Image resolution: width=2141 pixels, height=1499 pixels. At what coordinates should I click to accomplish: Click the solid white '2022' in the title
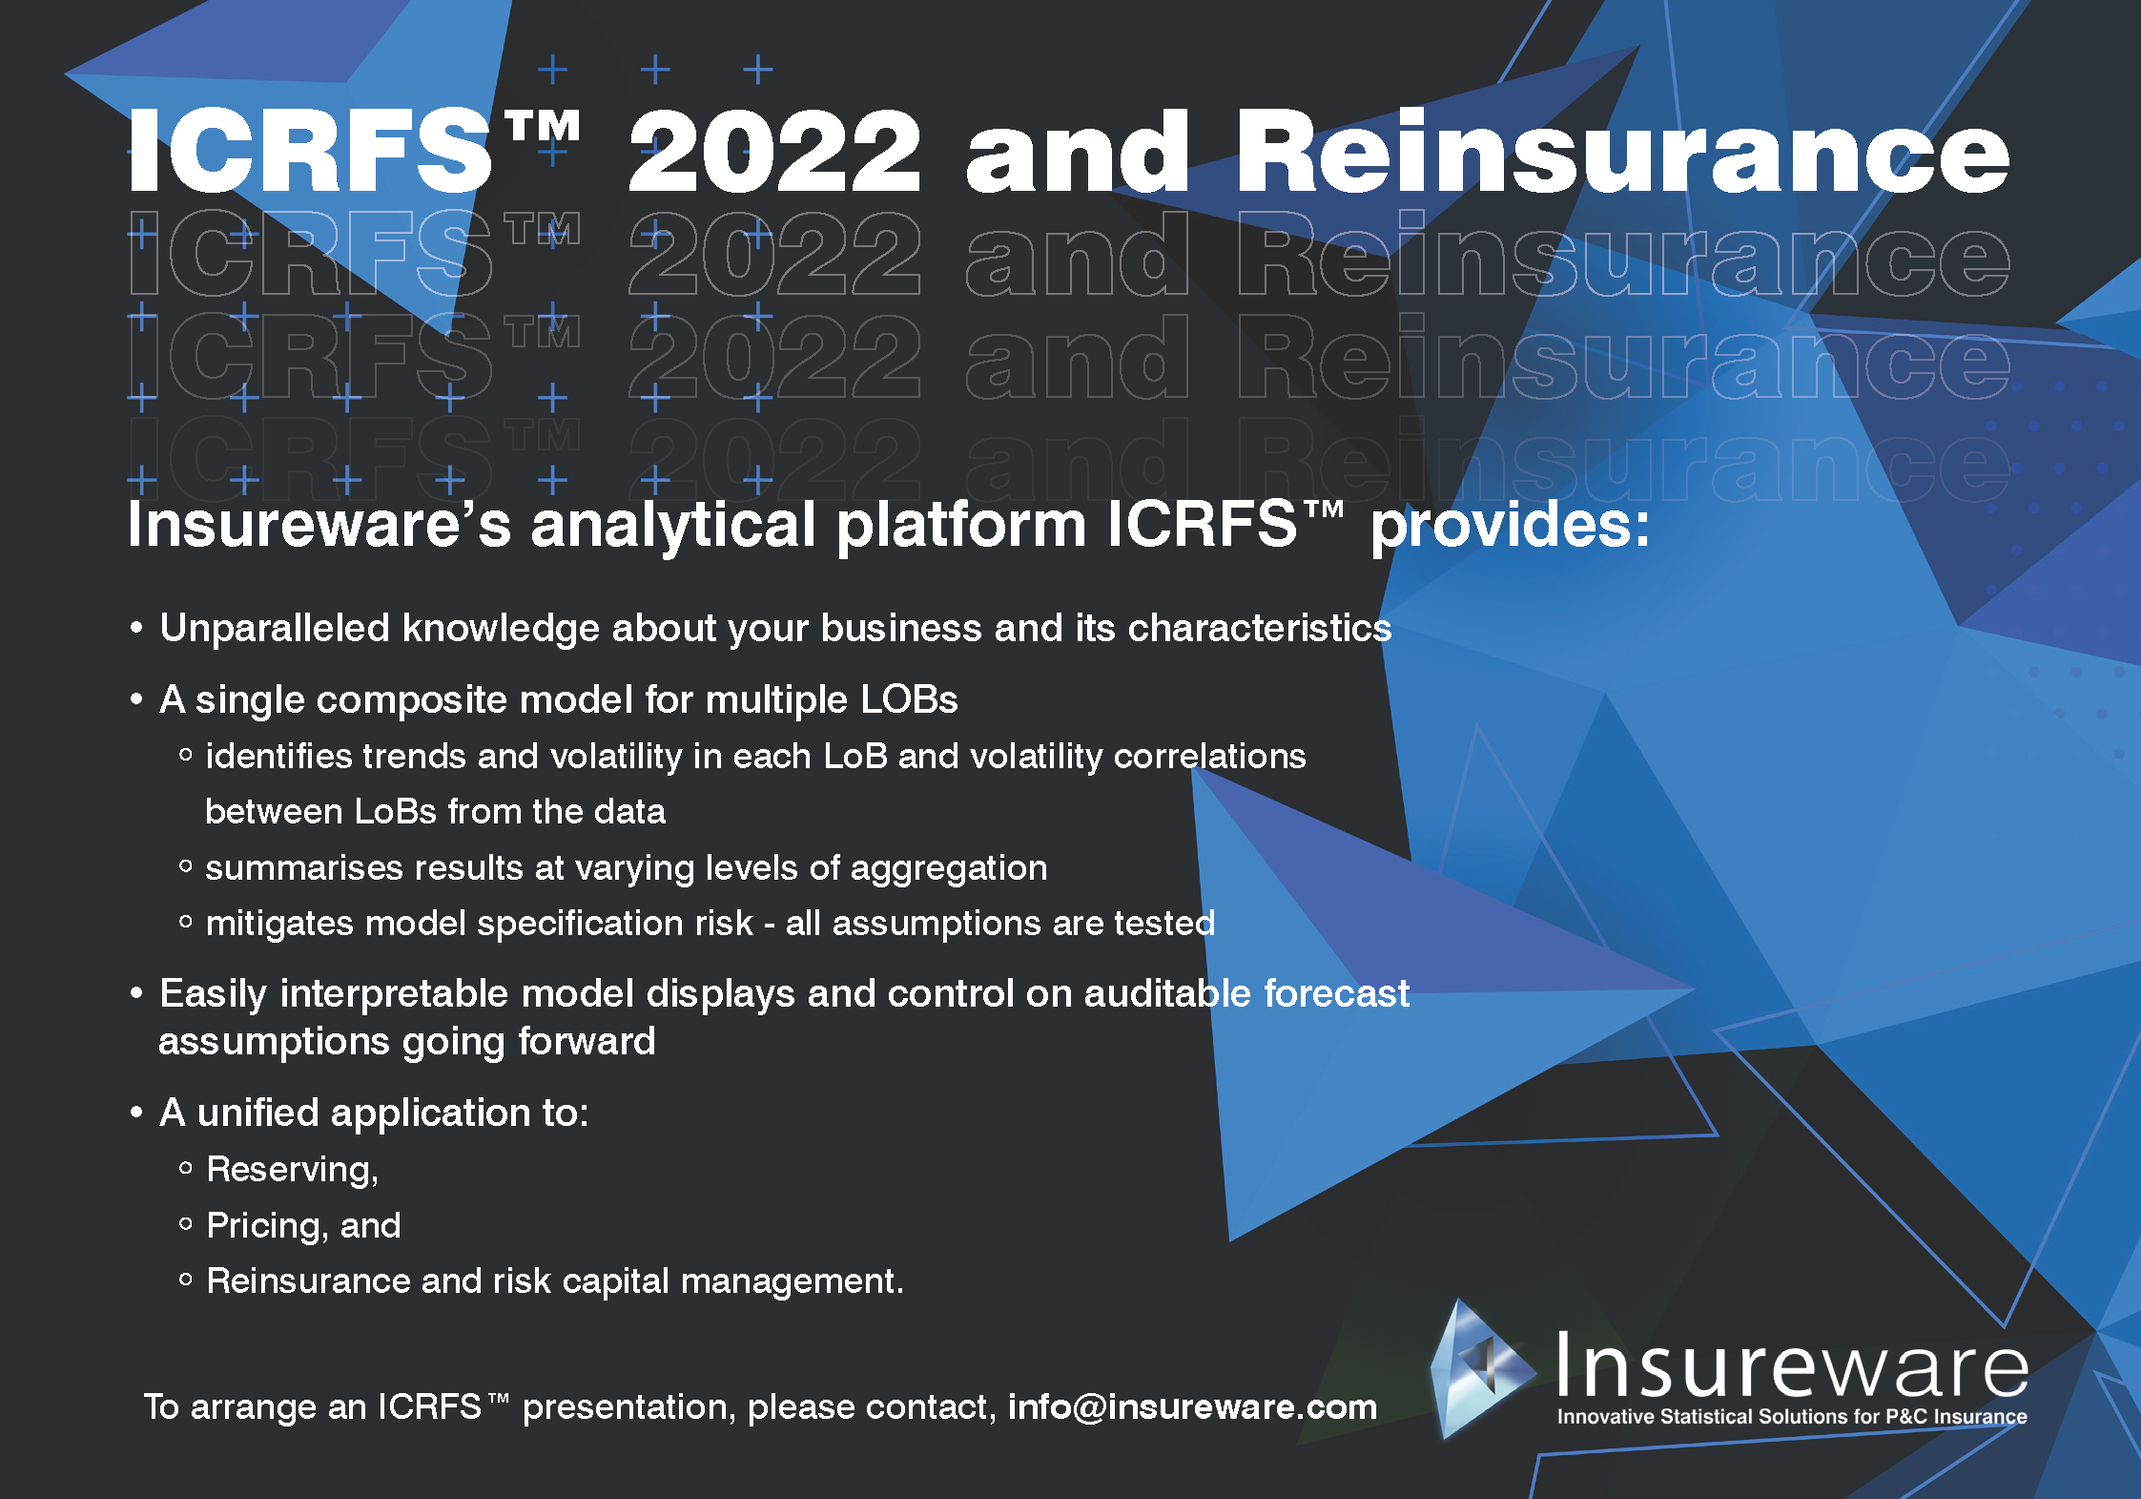click(x=774, y=151)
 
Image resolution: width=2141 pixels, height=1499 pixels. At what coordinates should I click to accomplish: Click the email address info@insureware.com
click(x=1192, y=1406)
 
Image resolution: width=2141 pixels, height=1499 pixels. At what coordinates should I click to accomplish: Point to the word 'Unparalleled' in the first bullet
click(x=275, y=628)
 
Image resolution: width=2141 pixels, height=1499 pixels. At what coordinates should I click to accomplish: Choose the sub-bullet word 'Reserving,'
click(x=293, y=1170)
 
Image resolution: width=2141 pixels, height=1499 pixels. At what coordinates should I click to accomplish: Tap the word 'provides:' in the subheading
click(x=1510, y=525)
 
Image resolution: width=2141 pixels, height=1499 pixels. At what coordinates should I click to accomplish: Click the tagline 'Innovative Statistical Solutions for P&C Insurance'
click(x=1792, y=1417)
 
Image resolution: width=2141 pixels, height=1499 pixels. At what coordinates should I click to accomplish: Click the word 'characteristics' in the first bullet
click(x=1260, y=628)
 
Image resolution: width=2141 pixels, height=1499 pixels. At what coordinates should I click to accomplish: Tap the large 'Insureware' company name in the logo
click(x=1792, y=1364)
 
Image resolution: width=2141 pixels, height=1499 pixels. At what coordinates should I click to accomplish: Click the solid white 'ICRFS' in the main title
click(x=310, y=151)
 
